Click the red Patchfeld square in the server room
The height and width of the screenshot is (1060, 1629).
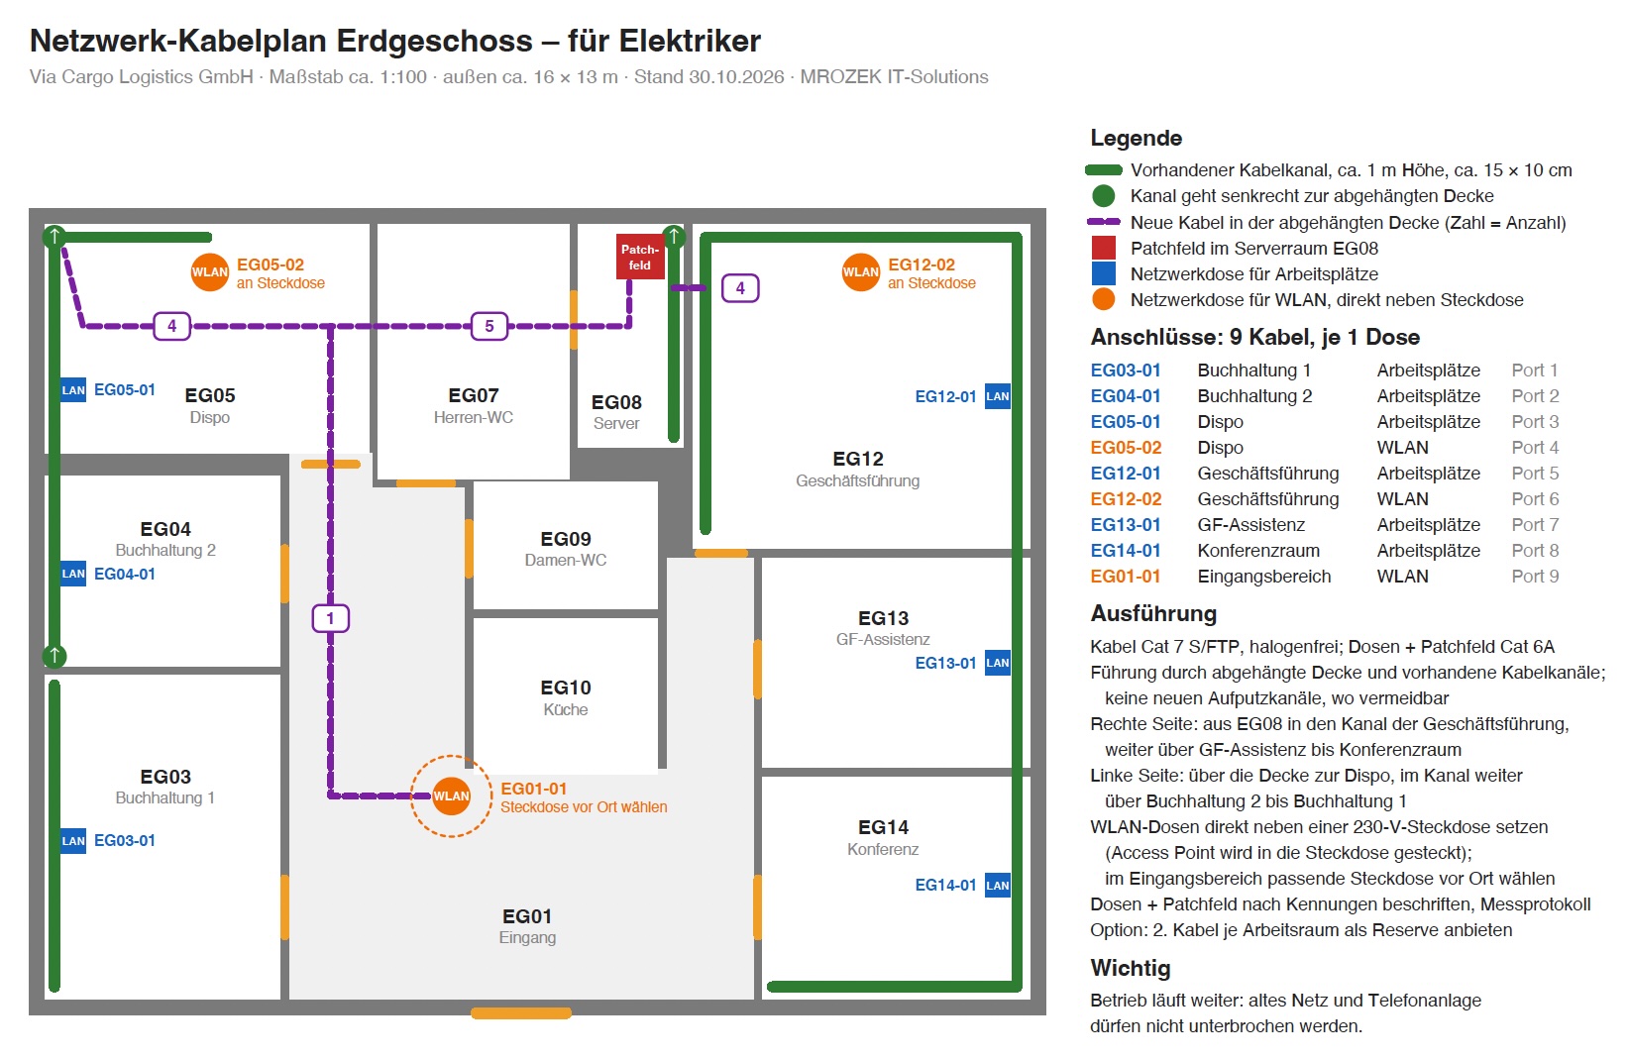tap(640, 257)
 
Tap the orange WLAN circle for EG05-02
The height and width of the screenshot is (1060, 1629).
tap(209, 271)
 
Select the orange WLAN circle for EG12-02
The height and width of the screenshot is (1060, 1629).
tap(861, 271)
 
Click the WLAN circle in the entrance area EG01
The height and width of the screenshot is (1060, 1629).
tap(451, 796)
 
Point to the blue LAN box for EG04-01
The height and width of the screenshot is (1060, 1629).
tap(73, 574)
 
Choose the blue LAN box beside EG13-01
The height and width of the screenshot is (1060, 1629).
tap(998, 663)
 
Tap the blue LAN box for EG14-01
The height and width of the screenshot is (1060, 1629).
tap(998, 885)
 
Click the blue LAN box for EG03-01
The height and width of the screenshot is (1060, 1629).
tap(73, 840)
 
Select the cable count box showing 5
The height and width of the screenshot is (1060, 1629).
tap(489, 327)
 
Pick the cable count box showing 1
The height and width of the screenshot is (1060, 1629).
tap(331, 619)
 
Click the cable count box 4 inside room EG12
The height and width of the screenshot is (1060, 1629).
tap(740, 288)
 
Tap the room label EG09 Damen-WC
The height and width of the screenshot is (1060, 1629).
tap(566, 549)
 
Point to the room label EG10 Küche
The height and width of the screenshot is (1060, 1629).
tap(566, 698)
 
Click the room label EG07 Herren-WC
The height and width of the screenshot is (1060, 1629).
tap(474, 406)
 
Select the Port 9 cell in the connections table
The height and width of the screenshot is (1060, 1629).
tap(1535, 577)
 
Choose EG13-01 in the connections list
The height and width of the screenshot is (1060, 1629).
tap(1125, 525)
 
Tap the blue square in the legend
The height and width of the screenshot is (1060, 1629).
tap(1103, 274)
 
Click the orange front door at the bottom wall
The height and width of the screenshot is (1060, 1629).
tap(520, 1012)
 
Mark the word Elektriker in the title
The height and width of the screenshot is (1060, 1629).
tap(690, 41)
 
